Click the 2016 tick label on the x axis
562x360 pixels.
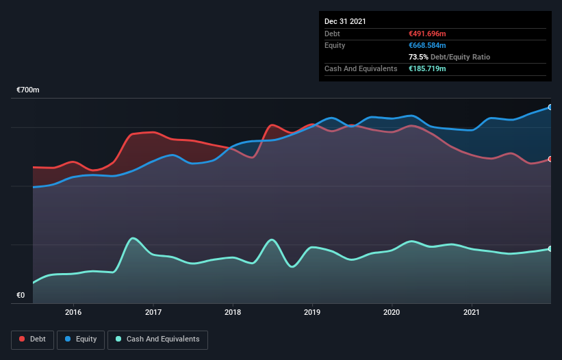73,312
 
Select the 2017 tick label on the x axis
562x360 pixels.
153,312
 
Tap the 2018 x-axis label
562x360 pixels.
233,312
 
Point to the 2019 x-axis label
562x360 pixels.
312,312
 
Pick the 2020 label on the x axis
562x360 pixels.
392,312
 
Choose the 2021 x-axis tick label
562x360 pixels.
472,312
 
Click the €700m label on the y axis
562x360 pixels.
28,90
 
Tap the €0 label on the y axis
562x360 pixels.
21,296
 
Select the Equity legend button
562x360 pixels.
81,339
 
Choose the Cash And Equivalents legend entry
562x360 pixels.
157,339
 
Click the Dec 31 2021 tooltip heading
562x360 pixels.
345,21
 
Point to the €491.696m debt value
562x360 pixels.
427,34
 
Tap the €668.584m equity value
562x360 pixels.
427,45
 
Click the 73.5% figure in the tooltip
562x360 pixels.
419,57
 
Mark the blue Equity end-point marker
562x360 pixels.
550,107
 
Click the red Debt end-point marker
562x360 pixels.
550,159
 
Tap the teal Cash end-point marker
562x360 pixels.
550,248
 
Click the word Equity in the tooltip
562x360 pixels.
335,45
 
